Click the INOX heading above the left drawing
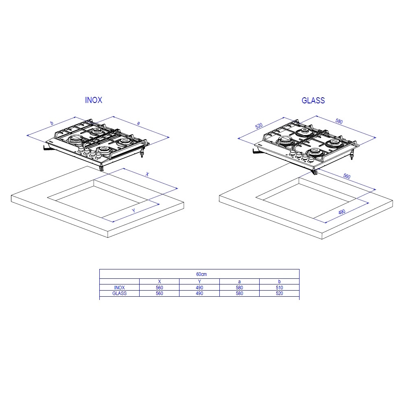click(x=94, y=100)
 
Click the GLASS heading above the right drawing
click(x=313, y=101)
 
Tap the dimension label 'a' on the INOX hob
click(x=138, y=123)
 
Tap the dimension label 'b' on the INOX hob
click(x=52, y=123)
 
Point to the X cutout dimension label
click(x=147, y=174)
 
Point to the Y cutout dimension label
click(x=133, y=210)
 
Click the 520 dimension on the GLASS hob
click(x=259, y=126)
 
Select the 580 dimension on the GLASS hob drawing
click(x=339, y=121)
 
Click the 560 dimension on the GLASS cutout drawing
click(x=347, y=176)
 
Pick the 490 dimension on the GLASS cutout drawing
click(x=342, y=212)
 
